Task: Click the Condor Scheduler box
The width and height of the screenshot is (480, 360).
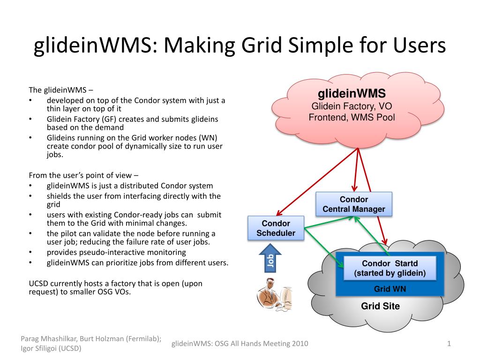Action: click(276, 228)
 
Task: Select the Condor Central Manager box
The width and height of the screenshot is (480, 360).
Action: click(354, 204)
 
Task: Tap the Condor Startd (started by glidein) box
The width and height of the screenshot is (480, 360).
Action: click(390, 268)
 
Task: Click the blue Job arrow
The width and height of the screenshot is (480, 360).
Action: click(270, 258)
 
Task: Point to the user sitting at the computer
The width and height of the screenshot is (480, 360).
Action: click(274, 294)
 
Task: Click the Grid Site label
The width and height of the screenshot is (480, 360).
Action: click(380, 306)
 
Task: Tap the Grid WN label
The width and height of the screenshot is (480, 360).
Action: click(390, 289)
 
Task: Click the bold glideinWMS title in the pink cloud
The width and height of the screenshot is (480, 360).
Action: click(352, 93)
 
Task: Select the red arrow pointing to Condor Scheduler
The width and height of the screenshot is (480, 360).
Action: click(317, 182)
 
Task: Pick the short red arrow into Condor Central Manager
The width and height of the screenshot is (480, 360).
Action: click(356, 170)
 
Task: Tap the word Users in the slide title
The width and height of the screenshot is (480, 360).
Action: click(420, 45)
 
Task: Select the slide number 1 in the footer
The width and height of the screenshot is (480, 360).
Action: click(449, 344)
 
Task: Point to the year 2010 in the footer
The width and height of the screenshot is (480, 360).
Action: click(300, 344)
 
